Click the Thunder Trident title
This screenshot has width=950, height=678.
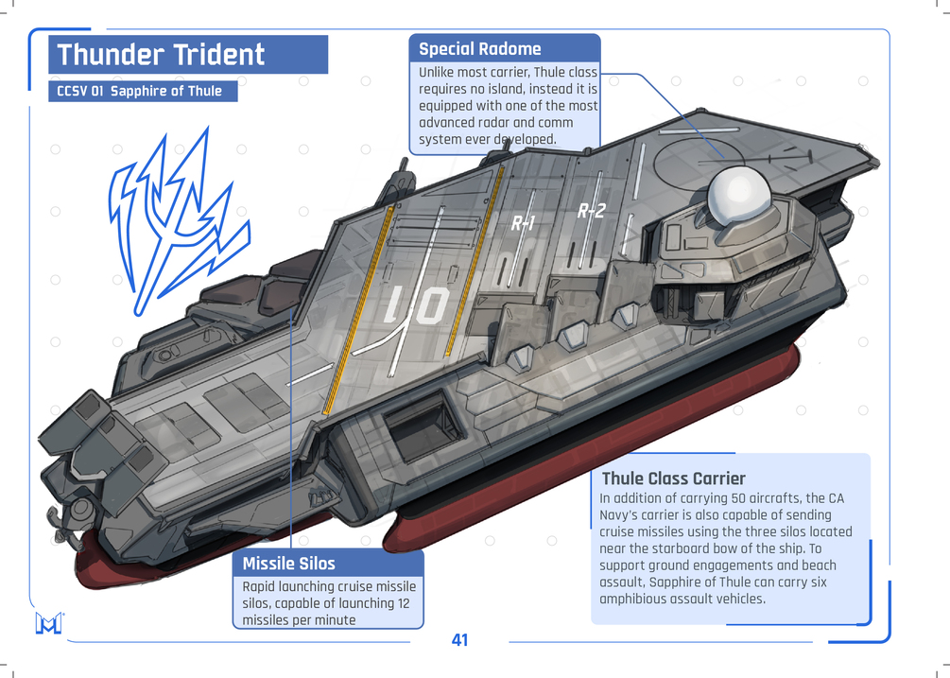click(x=162, y=55)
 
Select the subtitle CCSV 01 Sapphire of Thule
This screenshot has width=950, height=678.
click(x=140, y=92)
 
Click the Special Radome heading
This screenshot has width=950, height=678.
click(x=480, y=49)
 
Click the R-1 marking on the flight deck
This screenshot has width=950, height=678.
click(x=524, y=223)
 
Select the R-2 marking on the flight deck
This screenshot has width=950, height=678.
click(x=591, y=211)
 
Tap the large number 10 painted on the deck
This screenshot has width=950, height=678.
click(x=417, y=306)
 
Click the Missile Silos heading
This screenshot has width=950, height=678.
click(x=288, y=564)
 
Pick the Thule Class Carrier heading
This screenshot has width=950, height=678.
click(x=673, y=478)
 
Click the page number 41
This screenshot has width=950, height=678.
click(x=459, y=640)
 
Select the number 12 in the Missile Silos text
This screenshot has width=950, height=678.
click(x=403, y=603)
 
